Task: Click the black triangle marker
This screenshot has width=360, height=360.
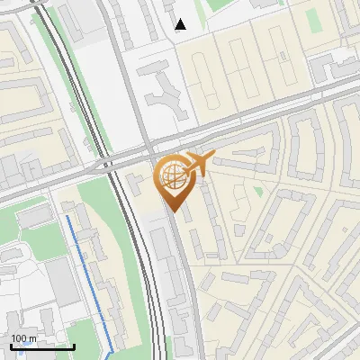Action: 181,24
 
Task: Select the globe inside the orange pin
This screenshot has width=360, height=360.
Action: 172,175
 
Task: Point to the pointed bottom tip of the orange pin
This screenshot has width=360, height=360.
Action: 172,211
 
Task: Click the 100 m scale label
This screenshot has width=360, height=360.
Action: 24,338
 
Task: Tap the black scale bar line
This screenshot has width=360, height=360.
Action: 42,346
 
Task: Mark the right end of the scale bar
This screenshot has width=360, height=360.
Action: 74,346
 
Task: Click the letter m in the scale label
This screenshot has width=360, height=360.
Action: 33,338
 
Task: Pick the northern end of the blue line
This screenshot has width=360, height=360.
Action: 67,216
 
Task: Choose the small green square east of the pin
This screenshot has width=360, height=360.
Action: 259,191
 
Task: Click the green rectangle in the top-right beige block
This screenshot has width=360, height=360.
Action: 313,20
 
